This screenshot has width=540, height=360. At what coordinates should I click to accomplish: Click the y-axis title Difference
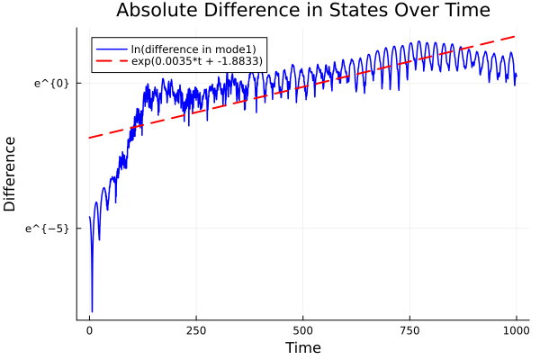point(11,174)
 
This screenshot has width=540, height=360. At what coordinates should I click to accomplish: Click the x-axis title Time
point(302,347)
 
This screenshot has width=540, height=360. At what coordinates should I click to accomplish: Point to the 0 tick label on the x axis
point(89,329)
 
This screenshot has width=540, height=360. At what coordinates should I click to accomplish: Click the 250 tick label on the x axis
point(196,329)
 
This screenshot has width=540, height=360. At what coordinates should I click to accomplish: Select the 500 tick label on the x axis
point(302,329)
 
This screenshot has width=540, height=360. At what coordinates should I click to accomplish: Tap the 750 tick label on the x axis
point(409,329)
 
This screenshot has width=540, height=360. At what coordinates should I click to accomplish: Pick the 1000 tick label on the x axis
point(516,329)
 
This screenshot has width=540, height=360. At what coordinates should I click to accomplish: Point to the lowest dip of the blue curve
point(92,311)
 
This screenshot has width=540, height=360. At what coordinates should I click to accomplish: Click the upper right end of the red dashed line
point(516,36)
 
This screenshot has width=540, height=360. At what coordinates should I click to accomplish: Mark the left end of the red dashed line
point(89,138)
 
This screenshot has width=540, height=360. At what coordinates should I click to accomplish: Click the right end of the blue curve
point(517,75)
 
